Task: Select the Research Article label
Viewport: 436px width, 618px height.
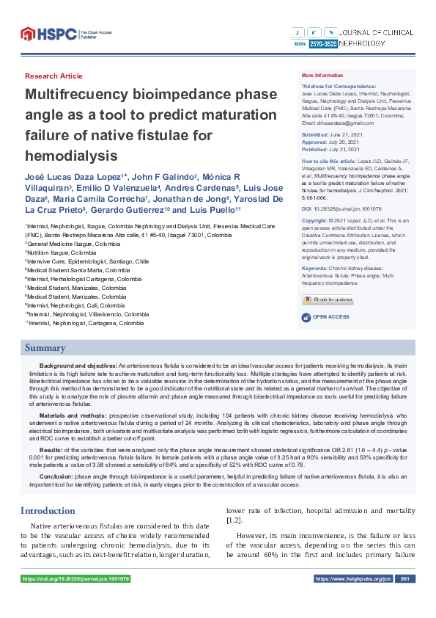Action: [53, 76]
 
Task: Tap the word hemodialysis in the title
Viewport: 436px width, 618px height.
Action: [71, 156]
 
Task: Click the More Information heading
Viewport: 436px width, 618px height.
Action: [322, 76]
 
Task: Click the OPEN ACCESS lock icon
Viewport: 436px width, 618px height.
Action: [306, 317]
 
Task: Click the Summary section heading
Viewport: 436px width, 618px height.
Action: [45, 348]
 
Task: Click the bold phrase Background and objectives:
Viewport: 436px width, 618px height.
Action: [78, 365]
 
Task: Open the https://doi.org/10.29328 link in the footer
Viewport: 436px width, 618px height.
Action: [76, 579]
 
